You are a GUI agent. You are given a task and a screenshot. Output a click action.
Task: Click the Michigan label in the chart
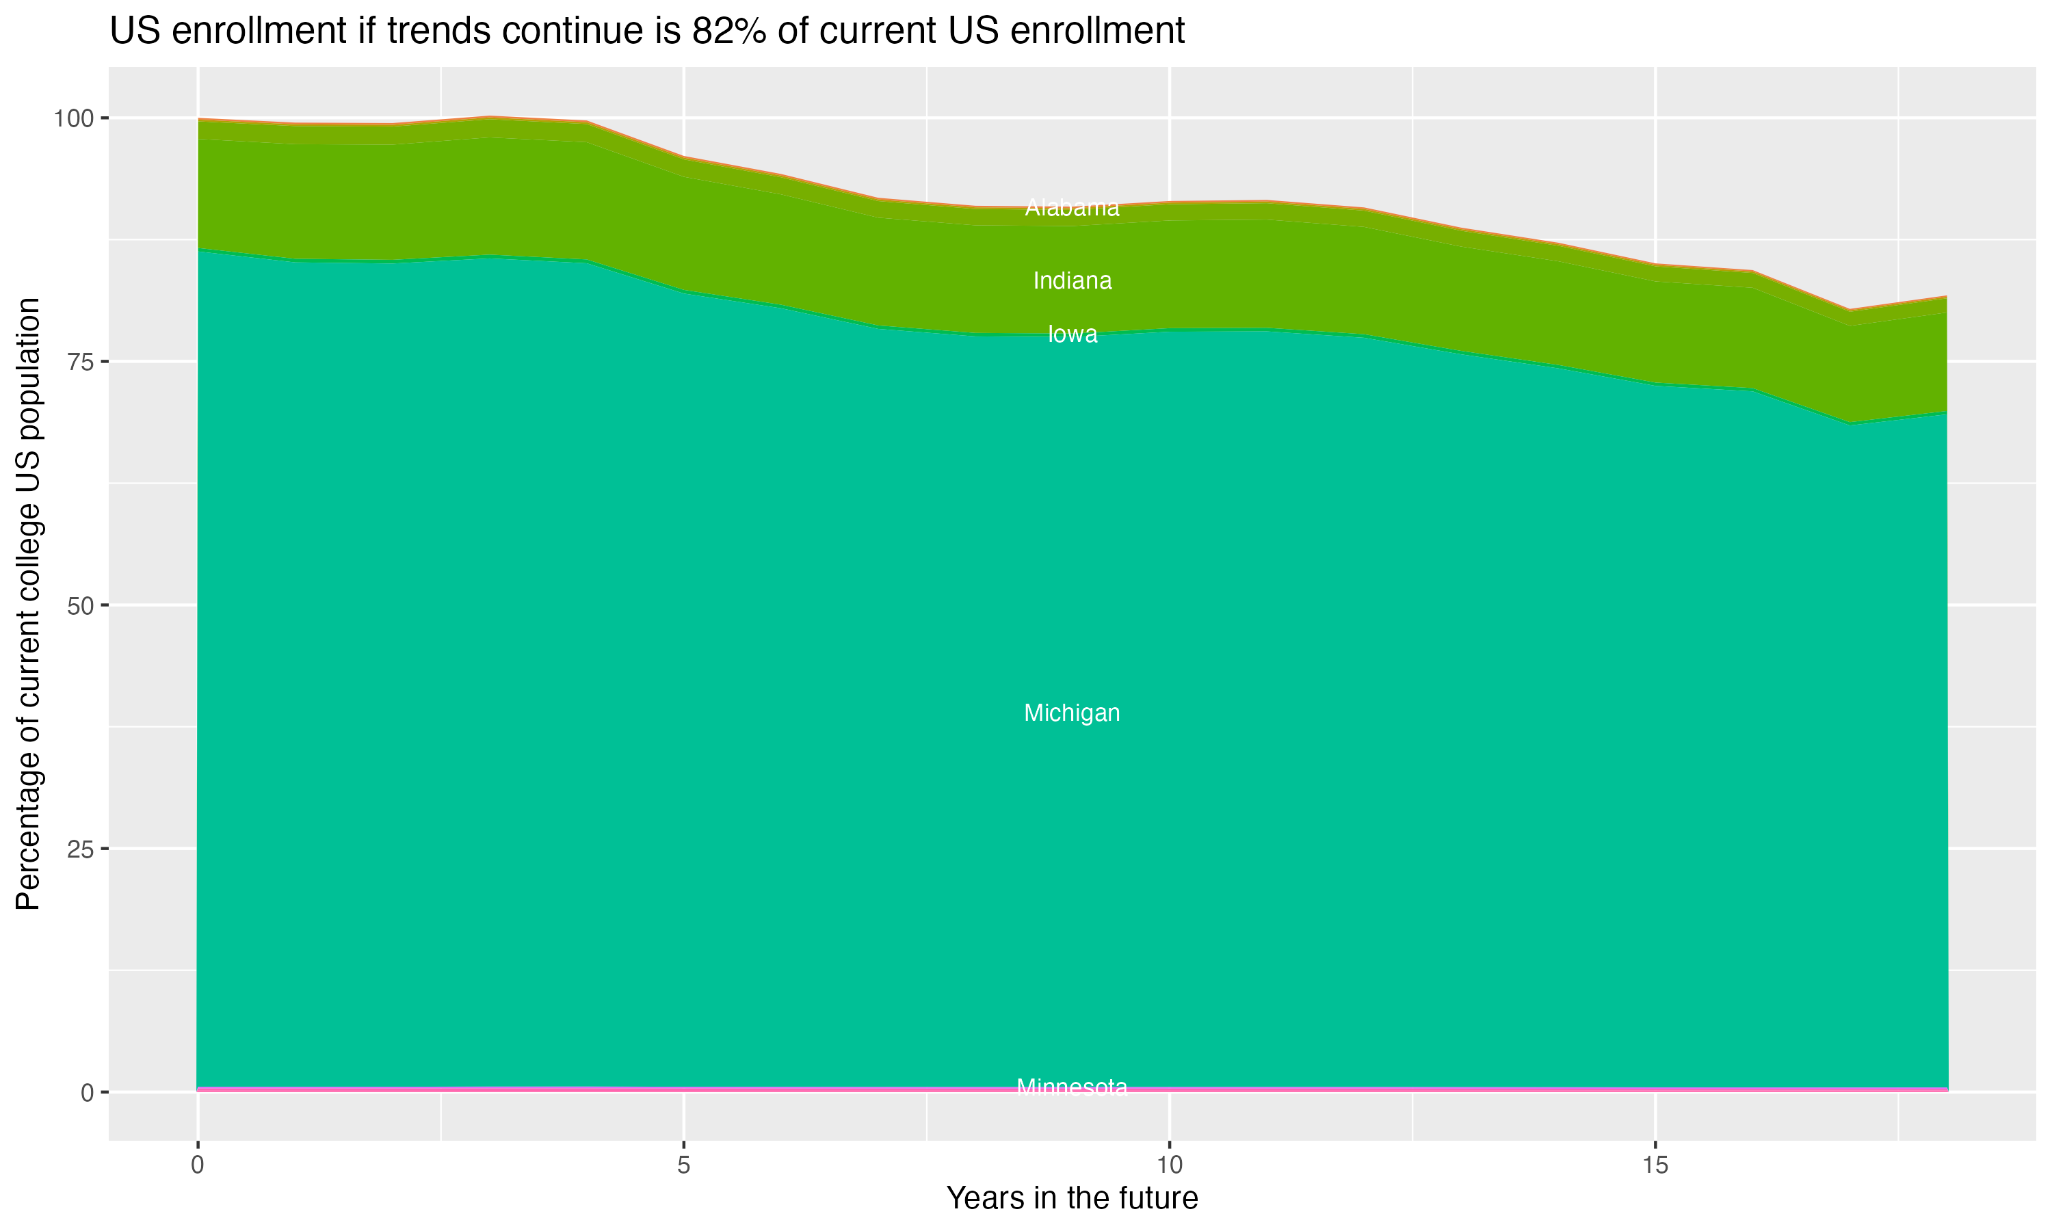[1072, 713]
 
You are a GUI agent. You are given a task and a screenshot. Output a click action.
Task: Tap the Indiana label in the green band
[1072, 281]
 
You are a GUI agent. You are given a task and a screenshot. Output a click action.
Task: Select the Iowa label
[1072, 334]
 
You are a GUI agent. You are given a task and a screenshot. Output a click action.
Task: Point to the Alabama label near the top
[1072, 207]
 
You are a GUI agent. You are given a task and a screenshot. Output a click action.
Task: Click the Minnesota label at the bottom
[1072, 1087]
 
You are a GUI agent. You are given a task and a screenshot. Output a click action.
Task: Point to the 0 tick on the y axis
[86, 1092]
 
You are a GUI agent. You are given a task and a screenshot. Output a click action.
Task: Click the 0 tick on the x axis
[198, 1165]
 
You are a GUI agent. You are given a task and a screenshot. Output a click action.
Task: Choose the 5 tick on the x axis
[683, 1165]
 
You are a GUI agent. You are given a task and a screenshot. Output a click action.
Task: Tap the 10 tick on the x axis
[1170, 1165]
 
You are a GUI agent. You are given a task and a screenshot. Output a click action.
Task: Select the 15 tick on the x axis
[1655, 1165]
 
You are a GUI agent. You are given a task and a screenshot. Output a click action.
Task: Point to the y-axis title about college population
[28, 604]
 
